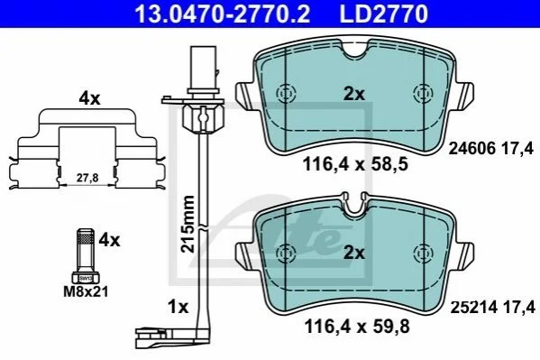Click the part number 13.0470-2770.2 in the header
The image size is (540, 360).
coord(222,14)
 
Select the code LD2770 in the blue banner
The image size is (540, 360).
coord(384,14)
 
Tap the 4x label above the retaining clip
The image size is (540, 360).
coord(89,99)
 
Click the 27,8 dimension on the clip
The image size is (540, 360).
coord(87,178)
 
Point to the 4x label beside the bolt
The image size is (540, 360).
coord(109,240)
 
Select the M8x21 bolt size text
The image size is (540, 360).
coord(86,291)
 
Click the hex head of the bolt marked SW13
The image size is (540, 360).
coord(86,278)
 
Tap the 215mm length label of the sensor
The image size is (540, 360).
coord(188,224)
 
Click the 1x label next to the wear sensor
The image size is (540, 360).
coord(178,307)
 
